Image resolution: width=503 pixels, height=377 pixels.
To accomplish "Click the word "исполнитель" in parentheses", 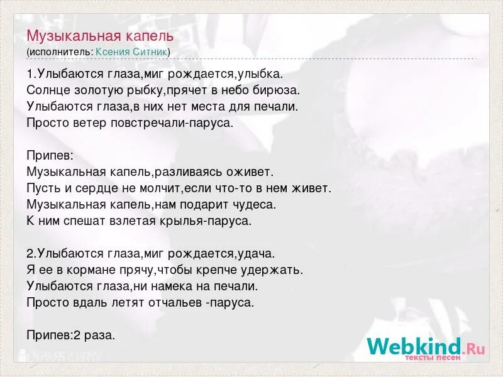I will [60, 52].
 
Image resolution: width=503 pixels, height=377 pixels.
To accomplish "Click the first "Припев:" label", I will [50, 155].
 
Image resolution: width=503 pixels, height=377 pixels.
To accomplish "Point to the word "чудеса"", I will [253, 204].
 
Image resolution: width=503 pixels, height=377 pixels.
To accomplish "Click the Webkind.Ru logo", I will [426, 346].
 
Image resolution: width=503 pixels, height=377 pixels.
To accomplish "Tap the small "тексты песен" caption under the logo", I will [432, 358].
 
